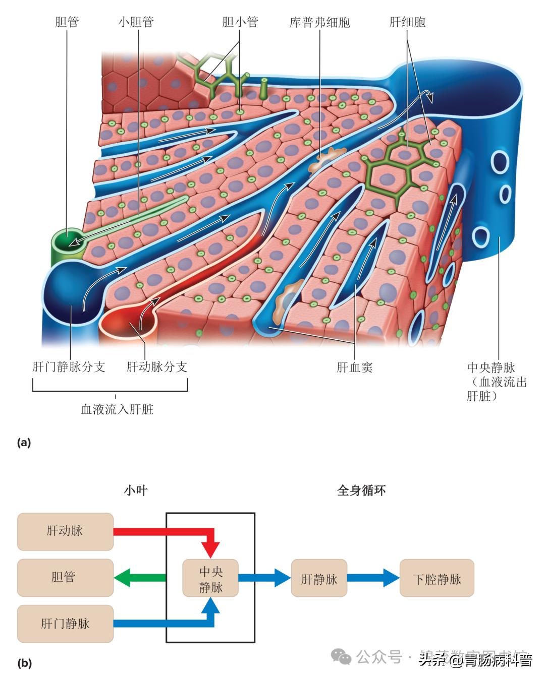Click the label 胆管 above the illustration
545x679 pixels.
[x=67, y=22]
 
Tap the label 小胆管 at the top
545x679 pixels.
[x=136, y=22]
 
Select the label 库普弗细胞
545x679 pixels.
[x=319, y=23]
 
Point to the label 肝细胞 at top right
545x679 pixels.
[x=407, y=22]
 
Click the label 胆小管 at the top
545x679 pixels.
[x=240, y=22]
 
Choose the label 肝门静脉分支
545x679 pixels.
[x=69, y=366]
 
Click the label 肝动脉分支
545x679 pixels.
[x=156, y=366]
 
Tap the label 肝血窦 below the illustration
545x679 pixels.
[x=354, y=367]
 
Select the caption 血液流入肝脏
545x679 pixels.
[x=117, y=409]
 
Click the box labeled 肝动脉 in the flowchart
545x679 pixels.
[x=65, y=531]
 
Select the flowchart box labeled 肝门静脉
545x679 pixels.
[x=65, y=624]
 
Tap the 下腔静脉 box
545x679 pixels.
[x=437, y=578]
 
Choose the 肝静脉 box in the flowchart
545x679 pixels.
[x=319, y=578]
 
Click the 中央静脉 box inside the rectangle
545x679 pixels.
[x=210, y=579]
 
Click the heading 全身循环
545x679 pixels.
[x=361, y=490]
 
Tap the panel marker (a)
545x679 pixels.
[x=24, y=443]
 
